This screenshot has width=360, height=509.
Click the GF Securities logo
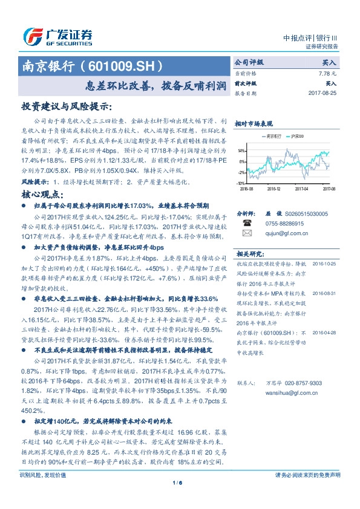57,37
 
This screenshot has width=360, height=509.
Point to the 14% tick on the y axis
241,151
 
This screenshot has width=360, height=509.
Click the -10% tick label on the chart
241,183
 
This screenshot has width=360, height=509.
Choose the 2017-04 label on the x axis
301,189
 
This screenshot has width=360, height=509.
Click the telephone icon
247,223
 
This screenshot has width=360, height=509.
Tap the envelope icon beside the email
247,232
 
